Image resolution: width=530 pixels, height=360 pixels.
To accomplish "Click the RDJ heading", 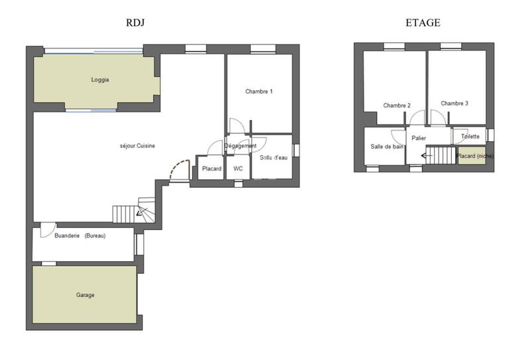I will (135, 23).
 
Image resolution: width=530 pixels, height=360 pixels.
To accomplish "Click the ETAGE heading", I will (423, 23).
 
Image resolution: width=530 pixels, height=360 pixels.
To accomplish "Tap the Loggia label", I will (100, 80).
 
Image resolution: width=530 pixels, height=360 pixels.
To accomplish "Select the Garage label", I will (85, 294).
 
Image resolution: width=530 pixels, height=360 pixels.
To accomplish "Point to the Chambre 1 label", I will (259, 91).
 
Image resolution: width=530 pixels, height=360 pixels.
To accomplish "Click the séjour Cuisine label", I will (137, 146).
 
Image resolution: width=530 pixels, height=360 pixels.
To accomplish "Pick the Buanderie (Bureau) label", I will (80, 235).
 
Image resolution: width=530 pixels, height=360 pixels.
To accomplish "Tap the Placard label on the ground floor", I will (212, 169).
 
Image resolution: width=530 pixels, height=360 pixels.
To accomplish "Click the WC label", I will (238, 169).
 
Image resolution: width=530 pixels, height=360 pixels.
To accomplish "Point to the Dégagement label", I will (240, 146).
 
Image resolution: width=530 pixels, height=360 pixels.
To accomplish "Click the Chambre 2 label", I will (397, 105).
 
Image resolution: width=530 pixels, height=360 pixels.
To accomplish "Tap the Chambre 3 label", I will (454, 103).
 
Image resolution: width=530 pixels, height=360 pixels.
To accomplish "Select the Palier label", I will (418, 138).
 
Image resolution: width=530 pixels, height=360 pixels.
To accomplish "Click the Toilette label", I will (470, 137).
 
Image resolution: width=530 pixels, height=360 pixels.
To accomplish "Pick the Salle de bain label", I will (388, 147).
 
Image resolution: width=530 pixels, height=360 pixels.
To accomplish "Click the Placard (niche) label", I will (475, 156).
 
